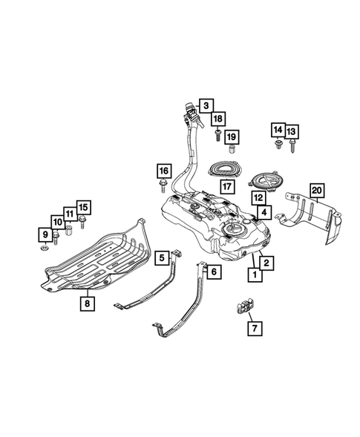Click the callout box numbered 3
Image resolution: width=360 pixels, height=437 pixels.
[206, 105]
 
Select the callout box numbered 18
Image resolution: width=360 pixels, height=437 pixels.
[218, 119]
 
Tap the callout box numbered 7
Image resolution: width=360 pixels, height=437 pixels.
[255, 329]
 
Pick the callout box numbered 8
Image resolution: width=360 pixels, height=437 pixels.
[88, 303]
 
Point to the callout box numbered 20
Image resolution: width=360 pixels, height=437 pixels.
[317, 191]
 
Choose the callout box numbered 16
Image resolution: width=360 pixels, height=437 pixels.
[164, 171]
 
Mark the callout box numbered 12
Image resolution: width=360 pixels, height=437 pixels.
[258, 198]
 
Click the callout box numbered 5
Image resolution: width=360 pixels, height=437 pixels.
[163, 257]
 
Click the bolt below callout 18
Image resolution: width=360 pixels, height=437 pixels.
[218, 134]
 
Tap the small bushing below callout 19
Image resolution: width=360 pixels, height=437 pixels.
[232, 149]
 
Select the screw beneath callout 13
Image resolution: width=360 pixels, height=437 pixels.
[292, 146]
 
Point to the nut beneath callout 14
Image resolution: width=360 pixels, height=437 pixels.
[278, 145]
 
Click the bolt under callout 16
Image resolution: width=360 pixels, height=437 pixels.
[163, 186]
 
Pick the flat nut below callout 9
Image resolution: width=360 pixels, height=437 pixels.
[44, 248]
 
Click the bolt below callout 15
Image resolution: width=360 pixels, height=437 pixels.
[82, 222]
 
